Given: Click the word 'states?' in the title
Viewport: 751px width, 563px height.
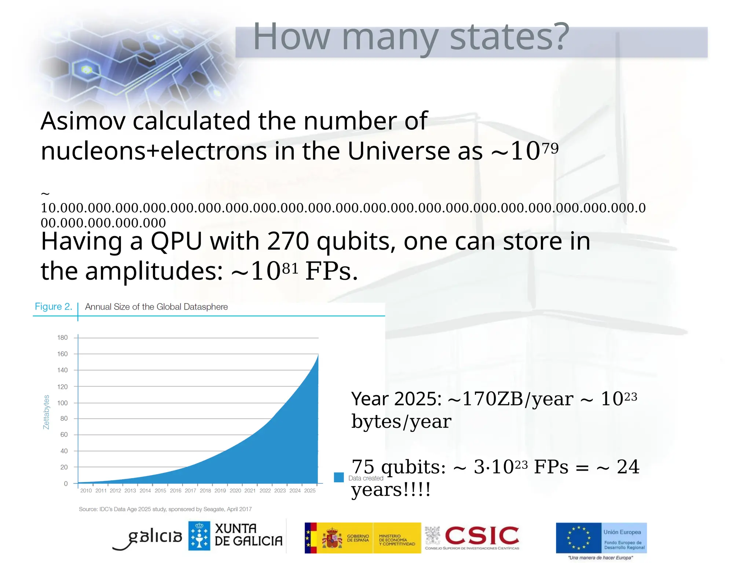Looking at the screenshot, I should [x=509, y=37].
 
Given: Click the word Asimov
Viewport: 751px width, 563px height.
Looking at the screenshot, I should [x=83, y=121].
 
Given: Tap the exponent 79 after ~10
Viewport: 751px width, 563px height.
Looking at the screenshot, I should [x=550, y=148].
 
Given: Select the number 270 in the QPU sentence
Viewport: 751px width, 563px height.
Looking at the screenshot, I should [x=288, y=242].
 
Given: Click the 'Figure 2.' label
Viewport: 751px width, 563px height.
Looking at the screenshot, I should [x=53, y=306].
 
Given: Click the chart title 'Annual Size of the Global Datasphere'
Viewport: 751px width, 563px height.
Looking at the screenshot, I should [x=156, y=307].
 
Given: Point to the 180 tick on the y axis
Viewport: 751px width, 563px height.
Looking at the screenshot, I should [x=62, y=338].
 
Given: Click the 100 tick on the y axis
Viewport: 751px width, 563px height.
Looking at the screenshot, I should [x=62, y=403].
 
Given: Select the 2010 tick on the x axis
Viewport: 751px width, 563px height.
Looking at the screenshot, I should [x=86, y=491].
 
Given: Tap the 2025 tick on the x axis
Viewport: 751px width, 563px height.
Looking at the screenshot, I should [x=310, y=491].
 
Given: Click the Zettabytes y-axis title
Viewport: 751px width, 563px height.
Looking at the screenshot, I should [x=46, y=412].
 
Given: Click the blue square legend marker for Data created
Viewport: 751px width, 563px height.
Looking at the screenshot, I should [x=339, y=477].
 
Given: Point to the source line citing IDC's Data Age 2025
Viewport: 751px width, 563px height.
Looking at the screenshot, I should [x=165, y=509].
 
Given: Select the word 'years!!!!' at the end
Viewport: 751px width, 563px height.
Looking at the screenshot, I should [x=391, y=490].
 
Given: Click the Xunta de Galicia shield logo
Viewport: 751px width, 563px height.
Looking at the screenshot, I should [x=199, y=536].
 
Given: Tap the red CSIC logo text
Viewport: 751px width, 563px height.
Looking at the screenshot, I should [x=482, y=536].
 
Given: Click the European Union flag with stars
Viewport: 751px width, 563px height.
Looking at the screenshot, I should [x=579, y=538].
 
